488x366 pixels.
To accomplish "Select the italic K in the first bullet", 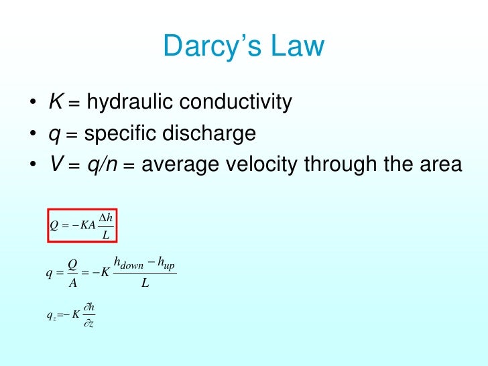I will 55,103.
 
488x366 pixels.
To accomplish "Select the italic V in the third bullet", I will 55,164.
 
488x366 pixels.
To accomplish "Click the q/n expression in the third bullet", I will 101,165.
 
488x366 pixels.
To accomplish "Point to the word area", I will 443,165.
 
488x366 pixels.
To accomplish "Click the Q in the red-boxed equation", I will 54,225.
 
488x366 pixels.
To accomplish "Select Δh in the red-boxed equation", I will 105,217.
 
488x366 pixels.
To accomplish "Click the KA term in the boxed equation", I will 88,225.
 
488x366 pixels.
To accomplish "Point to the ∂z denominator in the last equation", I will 89,323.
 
